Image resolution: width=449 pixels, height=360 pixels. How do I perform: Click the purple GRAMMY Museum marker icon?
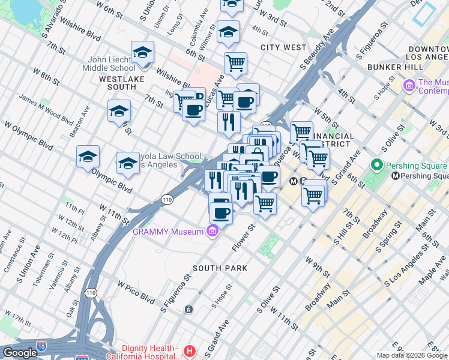point(211,231)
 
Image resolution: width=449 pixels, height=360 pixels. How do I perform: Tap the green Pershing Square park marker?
point(376,164)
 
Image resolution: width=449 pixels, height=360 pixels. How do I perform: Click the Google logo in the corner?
point(20,353)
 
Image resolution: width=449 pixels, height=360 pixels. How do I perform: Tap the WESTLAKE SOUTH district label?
point(118,83)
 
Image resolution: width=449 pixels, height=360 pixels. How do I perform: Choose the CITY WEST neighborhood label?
point(283,47)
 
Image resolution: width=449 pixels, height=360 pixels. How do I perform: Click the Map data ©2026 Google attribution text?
point(412,355)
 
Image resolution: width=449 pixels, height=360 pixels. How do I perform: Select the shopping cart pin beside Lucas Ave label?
point(235,62)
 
